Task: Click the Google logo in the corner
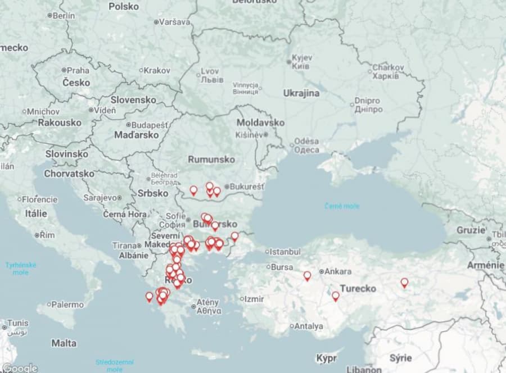[x=20, y=368]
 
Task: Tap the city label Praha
[x=78, y=70]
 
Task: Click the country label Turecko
[x=358, y=289]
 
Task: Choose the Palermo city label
[x=67, y=304]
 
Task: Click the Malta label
[x=64, y=343]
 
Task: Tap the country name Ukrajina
[x=301, y=93]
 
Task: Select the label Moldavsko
[x=260, y=122]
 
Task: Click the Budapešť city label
[x=149, y=125]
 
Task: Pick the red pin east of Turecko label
[x=404, y=283]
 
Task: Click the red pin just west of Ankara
[x=307, y=276]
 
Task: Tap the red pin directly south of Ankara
[x=336, y=295]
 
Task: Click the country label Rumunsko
[x=211, y=160]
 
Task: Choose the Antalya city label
[x=309, y=326]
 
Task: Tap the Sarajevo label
[x=99, y=198]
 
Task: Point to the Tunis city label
[x=17, y=323]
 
